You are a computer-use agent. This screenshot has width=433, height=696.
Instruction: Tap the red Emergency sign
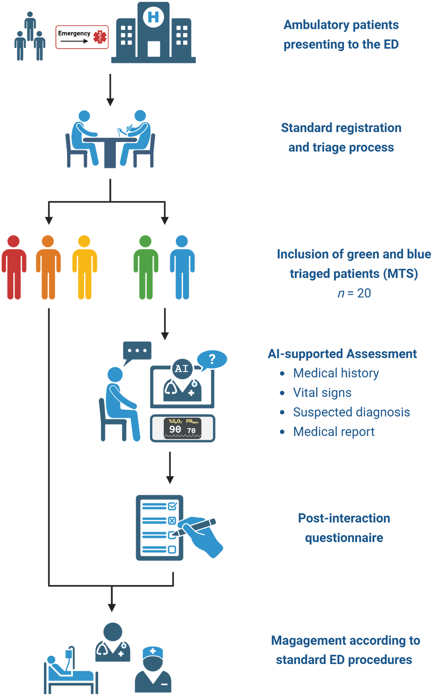(x=82, y=37)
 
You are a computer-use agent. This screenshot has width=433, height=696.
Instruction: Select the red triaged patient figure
(x=14, y=267)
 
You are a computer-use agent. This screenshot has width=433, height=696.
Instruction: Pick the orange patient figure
(x=48, y=267)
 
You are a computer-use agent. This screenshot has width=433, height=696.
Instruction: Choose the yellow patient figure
(x=84, y=267)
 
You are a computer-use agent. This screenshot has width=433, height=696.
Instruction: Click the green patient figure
(x=146, y=267)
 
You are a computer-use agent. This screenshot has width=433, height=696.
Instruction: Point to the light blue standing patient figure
(x=182, y=267)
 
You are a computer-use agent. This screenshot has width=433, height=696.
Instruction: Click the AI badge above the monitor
(x=182, y=369)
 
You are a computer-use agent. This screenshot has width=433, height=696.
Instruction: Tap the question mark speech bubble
(x=212, y=359)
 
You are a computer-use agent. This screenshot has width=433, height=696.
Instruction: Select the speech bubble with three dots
(x=137, y=351)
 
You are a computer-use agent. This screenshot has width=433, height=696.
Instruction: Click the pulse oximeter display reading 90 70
(x=183, y=428)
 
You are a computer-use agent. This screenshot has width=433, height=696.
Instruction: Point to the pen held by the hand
(x=196, y=527)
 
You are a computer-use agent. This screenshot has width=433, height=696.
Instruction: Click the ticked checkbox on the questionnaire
(x=172, y=506)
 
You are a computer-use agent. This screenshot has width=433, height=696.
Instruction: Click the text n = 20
(x=354, y=293)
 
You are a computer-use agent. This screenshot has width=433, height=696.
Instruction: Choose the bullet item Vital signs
(x=322, y=392)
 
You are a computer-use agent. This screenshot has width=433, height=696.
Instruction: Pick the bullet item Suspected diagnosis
(x=351, y=412)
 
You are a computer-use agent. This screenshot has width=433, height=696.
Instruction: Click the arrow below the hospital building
(x=110, y=90)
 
